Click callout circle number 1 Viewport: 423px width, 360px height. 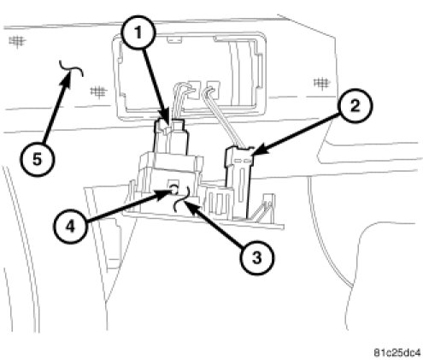(138, 33)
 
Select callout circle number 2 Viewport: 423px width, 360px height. (355, 106)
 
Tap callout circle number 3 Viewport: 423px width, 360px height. (257, 258)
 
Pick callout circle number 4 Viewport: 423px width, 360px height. (70, 227)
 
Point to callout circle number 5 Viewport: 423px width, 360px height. (37, 159)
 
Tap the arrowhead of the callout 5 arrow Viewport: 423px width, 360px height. (67, 78)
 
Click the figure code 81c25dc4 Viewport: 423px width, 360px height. (397, 352)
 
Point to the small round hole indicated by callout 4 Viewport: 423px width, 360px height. (174, 188)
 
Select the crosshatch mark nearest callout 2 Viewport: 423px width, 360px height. (322, 83)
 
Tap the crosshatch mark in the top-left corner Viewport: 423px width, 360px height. (17, 42)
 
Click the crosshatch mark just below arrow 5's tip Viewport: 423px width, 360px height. (98, 91)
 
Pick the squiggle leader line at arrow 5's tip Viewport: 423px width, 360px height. (71, 68)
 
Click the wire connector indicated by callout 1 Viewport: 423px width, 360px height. (171, 137)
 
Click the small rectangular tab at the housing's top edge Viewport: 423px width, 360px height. (174, 39)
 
